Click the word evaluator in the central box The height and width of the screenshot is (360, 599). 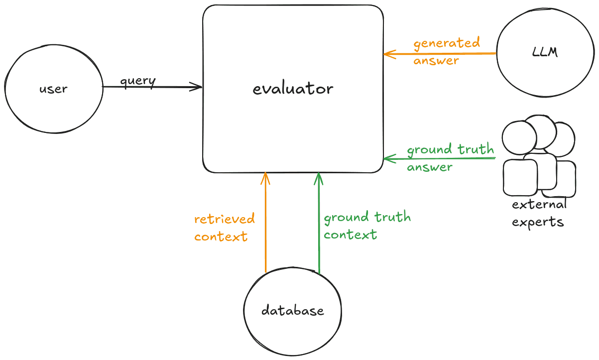(293, 89)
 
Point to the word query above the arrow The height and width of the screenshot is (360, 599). (138, 81)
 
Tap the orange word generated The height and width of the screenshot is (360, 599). (447, 43)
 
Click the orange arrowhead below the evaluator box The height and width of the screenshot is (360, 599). (265, 177)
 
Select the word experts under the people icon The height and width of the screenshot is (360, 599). (538, 222)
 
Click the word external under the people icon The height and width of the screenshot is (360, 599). (539, 205)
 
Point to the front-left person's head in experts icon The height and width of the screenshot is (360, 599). (519, 138)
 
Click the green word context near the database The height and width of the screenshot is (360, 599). (350, 235)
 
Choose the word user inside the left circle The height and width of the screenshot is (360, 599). (53, 90)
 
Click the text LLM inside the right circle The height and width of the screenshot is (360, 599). (545, 52)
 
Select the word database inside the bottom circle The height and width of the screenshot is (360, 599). (293, 311)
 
